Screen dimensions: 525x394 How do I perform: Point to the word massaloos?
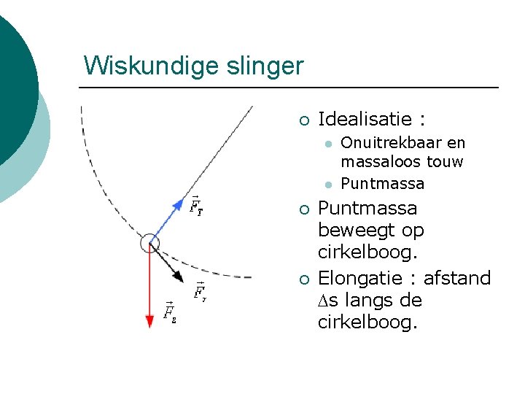[x=378, y=161]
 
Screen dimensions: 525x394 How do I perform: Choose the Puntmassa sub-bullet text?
[x=382, y=182]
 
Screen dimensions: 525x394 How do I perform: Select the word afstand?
[x=457, y=278]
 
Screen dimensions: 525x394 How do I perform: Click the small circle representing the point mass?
[x=149, y=242]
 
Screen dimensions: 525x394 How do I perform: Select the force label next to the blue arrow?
[x=196, y=206]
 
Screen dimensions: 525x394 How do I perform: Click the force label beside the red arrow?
[x=169, y=312]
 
